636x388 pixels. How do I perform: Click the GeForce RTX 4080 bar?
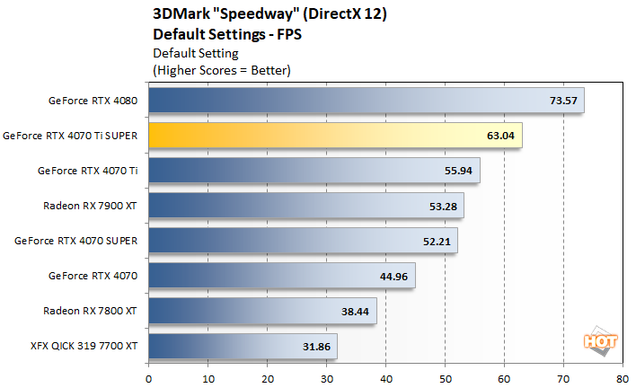359,101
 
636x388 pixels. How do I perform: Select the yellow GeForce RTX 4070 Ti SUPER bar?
332,136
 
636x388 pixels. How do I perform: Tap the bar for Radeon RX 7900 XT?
305,206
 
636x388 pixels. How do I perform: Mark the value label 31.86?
317,346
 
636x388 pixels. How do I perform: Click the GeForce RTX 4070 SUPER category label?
76,241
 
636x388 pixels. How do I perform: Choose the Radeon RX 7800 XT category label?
90,311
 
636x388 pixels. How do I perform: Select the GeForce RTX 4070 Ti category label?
87,171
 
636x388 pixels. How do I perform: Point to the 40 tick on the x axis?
385,378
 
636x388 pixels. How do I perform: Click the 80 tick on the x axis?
623,378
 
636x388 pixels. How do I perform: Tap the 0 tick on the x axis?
148,378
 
